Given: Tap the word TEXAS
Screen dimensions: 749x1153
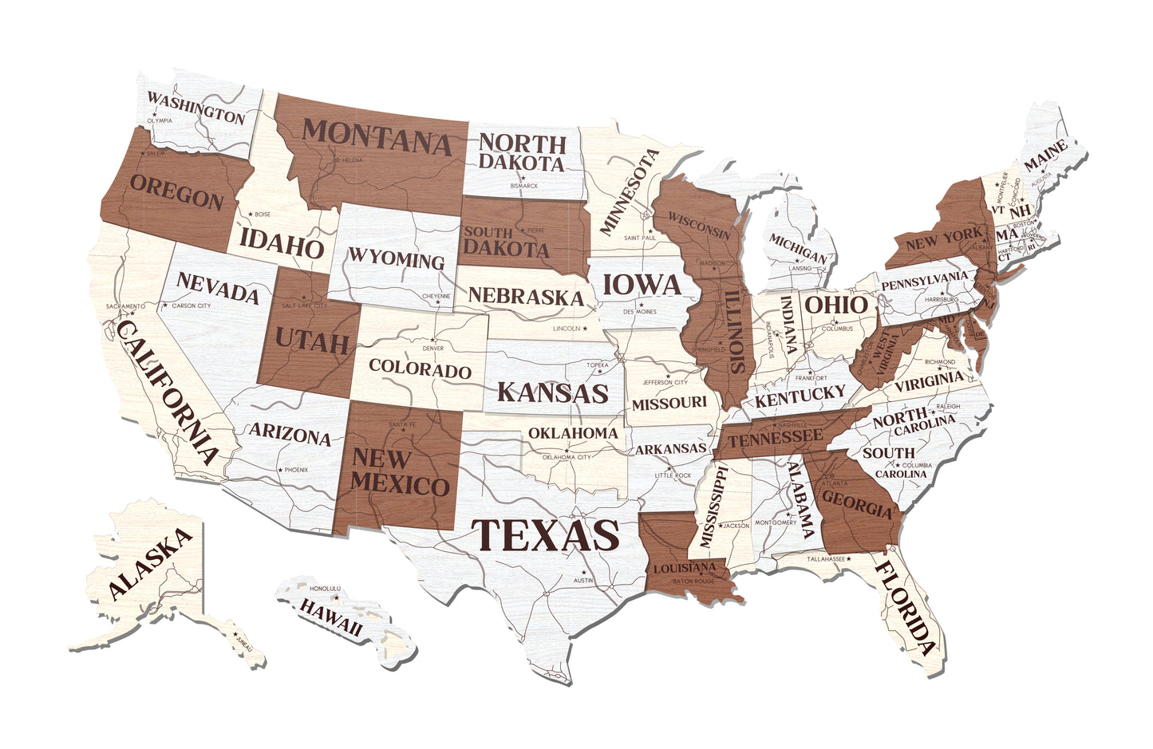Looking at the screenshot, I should [x=545, y=535].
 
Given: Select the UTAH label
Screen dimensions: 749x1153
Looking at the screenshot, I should [x=312, y=341].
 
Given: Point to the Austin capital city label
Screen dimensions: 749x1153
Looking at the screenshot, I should [x=583, y=580].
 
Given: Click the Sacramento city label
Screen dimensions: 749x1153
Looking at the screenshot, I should [x=125, y=306].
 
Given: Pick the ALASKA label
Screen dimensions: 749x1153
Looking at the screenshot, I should [x=151, y=564].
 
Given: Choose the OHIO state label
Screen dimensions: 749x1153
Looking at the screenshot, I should [x=835, y=304].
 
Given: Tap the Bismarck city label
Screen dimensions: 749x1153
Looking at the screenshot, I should [x=524, y=186].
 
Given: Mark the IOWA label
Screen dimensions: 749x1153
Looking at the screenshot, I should [x=641, y=285].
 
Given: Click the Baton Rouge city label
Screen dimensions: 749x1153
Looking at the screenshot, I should [x=693, y=581].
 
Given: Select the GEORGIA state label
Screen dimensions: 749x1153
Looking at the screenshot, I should [x=856, y=503].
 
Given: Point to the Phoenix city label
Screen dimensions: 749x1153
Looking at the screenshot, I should [x=296, y=470].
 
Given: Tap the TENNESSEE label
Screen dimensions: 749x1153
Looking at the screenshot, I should [x=775, y=437].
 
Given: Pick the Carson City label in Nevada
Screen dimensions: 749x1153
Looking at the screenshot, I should [x=192, y=306].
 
